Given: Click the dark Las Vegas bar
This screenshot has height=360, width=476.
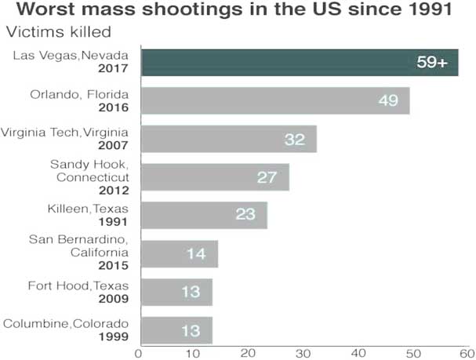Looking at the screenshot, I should coord(298,62).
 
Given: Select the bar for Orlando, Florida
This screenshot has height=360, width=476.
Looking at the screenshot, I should coord(274,100).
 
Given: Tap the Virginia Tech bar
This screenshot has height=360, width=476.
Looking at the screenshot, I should coord(227,139).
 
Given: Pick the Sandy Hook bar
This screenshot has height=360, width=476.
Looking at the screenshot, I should coord(214,177).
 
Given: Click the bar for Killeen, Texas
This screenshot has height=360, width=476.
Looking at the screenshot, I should coord(203,215).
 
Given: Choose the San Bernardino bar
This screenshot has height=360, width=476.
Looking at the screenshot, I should coord(179,254).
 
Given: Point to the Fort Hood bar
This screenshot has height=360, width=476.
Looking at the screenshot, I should coord(176,292).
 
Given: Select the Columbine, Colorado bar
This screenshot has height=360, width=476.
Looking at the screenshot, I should coord(176,330).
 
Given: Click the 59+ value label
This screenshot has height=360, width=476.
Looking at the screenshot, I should coord(431,63).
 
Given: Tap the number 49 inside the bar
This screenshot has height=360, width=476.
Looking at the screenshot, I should coord(388,101).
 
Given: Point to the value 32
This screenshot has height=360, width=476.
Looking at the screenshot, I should coord(295,140).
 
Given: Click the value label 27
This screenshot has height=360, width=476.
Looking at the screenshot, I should coord(267,177).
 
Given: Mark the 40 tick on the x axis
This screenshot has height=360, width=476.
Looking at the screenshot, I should coord(359,352).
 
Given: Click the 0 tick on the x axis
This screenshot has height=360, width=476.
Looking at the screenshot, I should coord(140,352).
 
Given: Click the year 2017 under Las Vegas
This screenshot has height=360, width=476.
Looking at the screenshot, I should coord(114,69).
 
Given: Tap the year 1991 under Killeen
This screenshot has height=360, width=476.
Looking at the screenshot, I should coord(114,222).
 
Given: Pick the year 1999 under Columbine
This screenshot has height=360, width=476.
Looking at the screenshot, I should coord(114,337).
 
